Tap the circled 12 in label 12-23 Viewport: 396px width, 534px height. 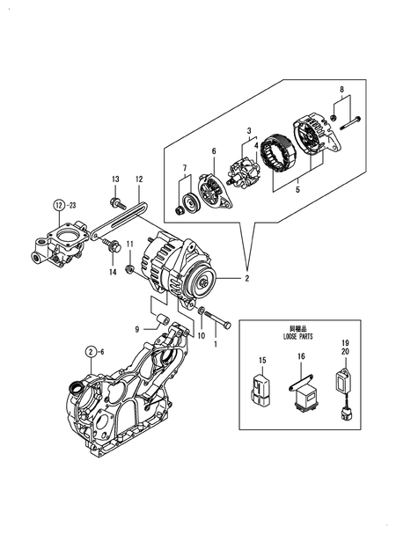[x=58, y=206]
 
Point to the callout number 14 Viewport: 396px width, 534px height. [x=113, y=273]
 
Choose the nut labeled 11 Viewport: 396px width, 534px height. [x=130, y=267]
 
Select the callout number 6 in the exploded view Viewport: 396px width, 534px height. [x=213, y=151]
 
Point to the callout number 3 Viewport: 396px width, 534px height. [x=249, y=131]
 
